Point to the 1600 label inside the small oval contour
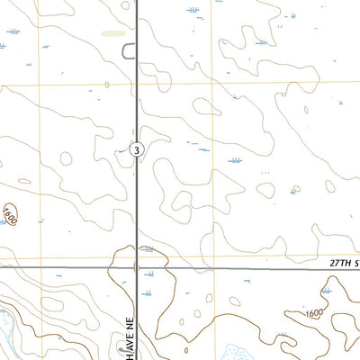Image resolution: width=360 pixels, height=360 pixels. (x=10, y=214)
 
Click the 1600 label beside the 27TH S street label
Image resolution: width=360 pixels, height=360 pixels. (x=313, y=312)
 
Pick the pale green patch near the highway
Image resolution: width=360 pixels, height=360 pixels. (x=113, y=33)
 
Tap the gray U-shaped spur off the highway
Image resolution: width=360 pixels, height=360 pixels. (x=128, y=50)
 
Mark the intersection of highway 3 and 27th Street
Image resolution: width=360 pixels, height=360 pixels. (x=136, y=267)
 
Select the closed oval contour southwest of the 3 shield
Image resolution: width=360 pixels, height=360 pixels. (x=66, y=159)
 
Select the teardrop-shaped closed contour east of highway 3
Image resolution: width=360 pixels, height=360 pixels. (x=265, y=191)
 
